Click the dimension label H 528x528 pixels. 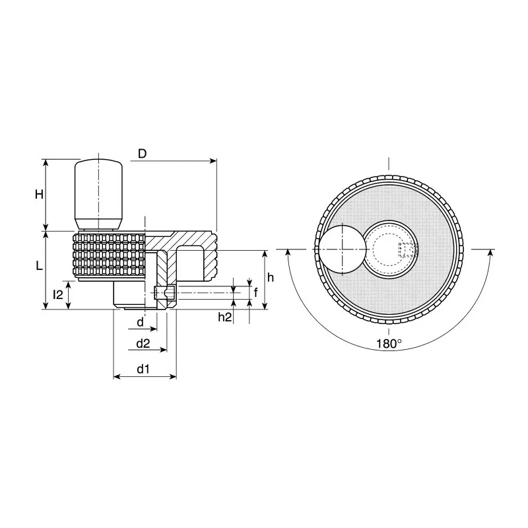coord(40,194)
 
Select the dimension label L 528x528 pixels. coord(40,267)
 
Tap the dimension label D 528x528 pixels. coord(143,154)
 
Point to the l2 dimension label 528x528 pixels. coord(58,295)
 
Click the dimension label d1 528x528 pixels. coord(143,370)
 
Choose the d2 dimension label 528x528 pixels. coord(143,343)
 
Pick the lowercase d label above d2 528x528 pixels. coord(141,322)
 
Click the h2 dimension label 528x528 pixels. coord(225,317)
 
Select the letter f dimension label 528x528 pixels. coord(255,292)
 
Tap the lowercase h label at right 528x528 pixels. coord(271,278)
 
